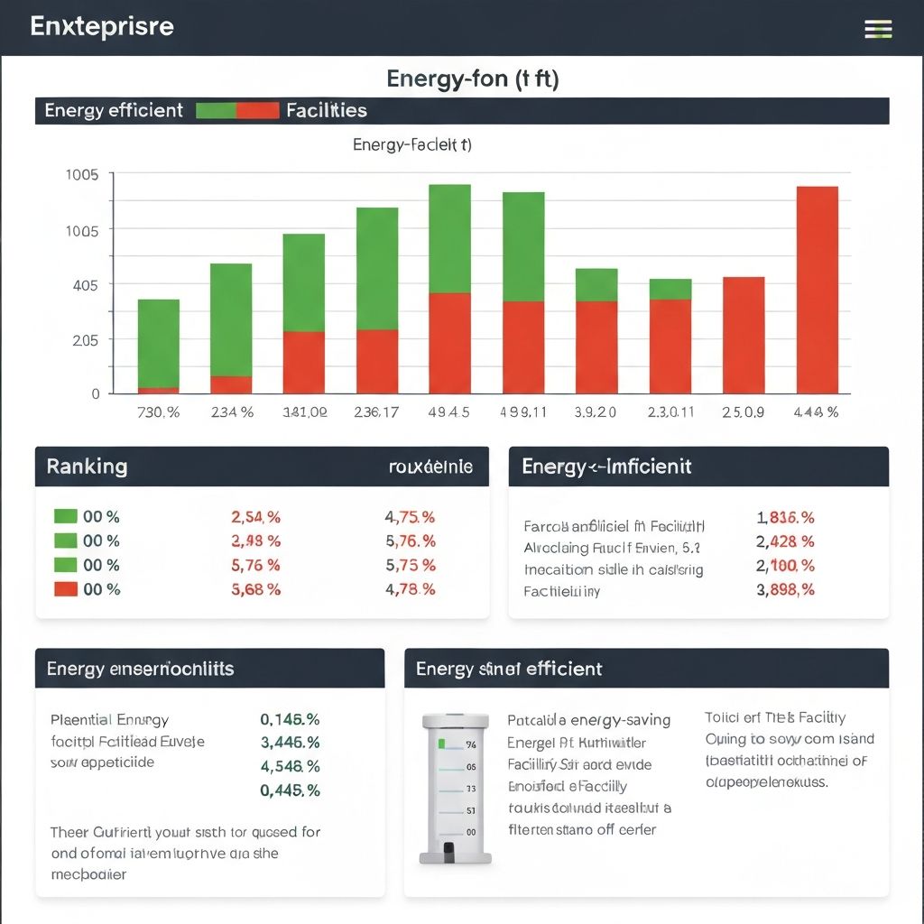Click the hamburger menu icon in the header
[878, 29]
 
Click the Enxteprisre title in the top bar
[101, 26]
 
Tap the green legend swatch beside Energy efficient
[216, 110]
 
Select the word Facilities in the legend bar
[326, 110]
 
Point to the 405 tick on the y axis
[85, 284]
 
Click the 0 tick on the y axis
[95, 393]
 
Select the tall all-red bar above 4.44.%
[817, 290]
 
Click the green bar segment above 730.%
[158, 344]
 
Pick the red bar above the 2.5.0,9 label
[744, 335]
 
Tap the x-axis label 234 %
[232, 412]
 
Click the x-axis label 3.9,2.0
[596, 412]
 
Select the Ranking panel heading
[87, 467]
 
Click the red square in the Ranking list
[65, 589]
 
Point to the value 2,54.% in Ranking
[255, 517]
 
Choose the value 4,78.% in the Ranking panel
[410, 589]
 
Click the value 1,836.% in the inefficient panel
[785, 517]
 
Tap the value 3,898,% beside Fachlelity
[785, 589]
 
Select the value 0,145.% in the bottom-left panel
[290, 719]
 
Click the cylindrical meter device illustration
[457, 785]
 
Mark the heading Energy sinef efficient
[509, 669]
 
